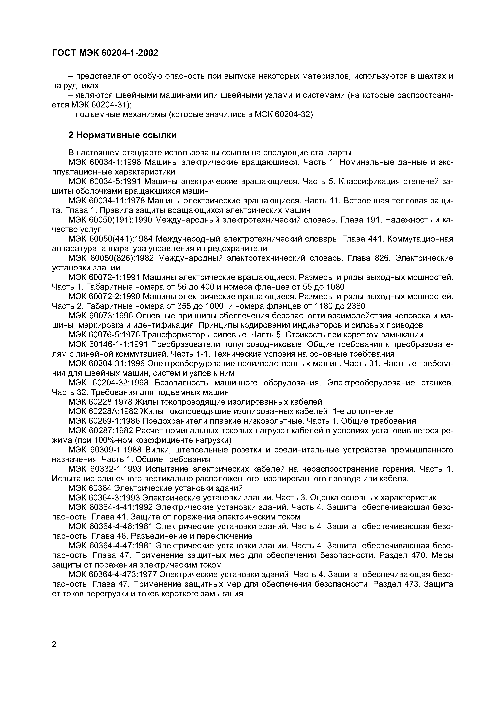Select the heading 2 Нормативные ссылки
click(122, 135)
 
